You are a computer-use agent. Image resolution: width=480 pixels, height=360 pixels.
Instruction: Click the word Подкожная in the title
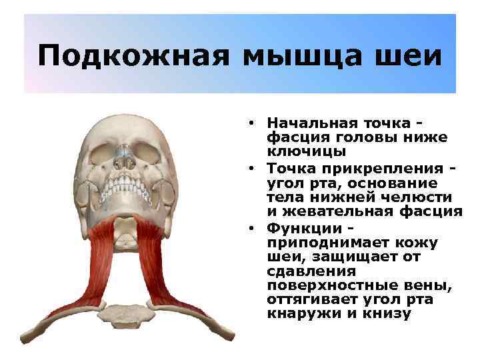click(x=133, y=55)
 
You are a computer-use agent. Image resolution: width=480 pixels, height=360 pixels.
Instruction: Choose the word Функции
click(x=297, y=227)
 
